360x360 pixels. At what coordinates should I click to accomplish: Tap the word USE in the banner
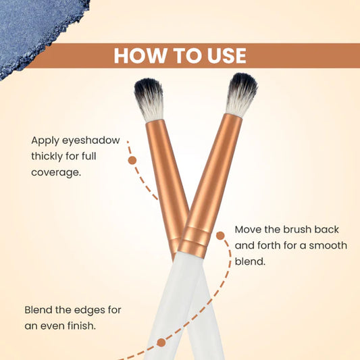click(227, 56)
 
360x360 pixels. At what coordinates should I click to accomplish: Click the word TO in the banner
click(186, 56)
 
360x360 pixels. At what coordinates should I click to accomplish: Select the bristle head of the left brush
click(149, 99)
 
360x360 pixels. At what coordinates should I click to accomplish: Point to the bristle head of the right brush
click(241, 95)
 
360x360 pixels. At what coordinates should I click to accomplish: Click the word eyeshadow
click(91, 140)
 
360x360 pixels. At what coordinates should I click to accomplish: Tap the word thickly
click(47, 157)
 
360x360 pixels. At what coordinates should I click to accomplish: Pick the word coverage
click(56, 173)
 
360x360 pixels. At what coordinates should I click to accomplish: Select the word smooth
click(328, 245)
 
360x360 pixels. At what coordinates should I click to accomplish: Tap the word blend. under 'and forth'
click(250, 261)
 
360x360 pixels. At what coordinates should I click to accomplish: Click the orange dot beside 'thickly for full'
click(132, 160)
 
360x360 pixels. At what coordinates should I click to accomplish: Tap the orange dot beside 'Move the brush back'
click(220, 235)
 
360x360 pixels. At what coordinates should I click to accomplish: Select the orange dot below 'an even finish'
click(161, 342)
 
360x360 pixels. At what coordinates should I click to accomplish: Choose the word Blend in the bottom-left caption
click(38, 310)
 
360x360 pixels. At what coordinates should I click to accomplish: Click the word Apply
click(45, 141)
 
